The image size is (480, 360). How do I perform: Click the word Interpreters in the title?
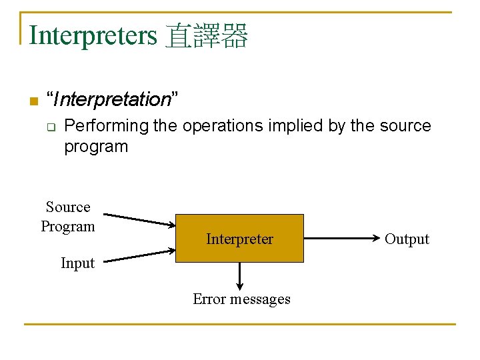93,35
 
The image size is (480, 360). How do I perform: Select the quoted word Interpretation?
113,100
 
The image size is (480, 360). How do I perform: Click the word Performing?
106,126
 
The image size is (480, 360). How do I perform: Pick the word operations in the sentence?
224,126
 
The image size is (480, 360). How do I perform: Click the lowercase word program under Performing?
95,147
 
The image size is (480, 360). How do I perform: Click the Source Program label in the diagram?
68,217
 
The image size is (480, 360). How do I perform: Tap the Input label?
77,263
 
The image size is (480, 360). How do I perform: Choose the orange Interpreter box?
239,238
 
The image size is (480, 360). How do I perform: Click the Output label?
407,239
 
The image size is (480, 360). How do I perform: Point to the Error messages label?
241,299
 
